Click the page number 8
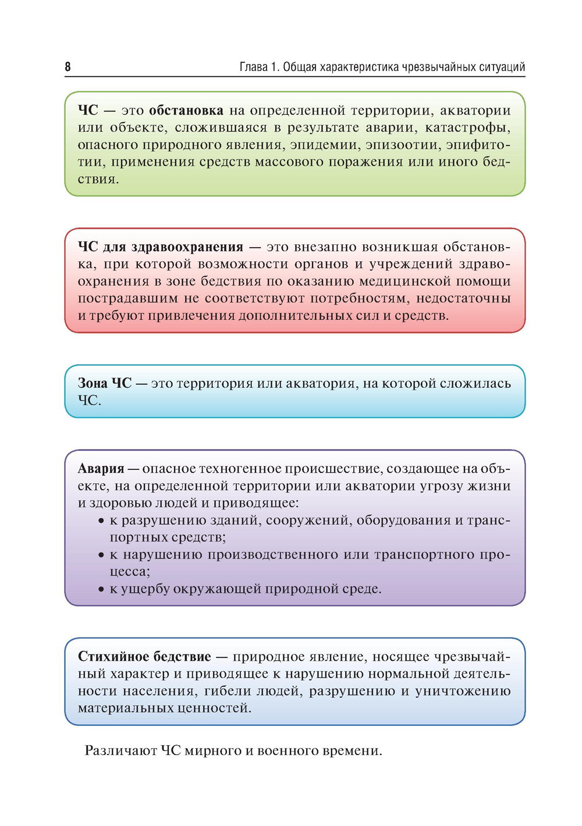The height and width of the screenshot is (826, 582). coord(68,67)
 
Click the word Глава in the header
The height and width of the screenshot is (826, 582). coord(253,67)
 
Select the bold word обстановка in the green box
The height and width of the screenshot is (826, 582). coord(186,111)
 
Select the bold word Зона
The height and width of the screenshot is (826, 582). coord(93,383)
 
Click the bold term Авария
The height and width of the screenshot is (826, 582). coord(101,469)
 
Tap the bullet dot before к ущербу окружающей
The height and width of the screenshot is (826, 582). coord(101,590)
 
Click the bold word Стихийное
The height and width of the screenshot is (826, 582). coord(113,657)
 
